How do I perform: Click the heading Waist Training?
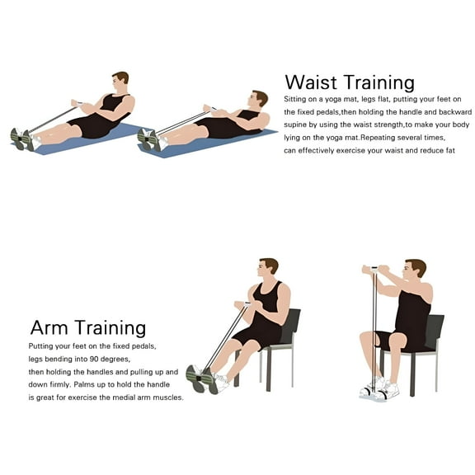[x=349, y=82]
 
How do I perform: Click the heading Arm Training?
[x=88, y=329]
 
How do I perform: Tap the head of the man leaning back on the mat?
[x=259, y=100]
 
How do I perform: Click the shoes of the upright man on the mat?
[x=22, y=139]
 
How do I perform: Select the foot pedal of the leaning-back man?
[x=149, y=139]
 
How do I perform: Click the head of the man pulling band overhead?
[x=416, y=270]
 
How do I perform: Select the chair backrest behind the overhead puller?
[x=435, y=331]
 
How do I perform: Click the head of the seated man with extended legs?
[x=268, y=268]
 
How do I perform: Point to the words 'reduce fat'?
[x=430, y=151]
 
